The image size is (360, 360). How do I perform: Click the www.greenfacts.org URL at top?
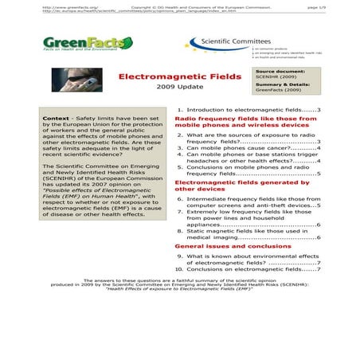65,6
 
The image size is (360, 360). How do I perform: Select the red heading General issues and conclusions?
228,246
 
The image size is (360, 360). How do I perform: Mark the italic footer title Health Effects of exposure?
178,288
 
